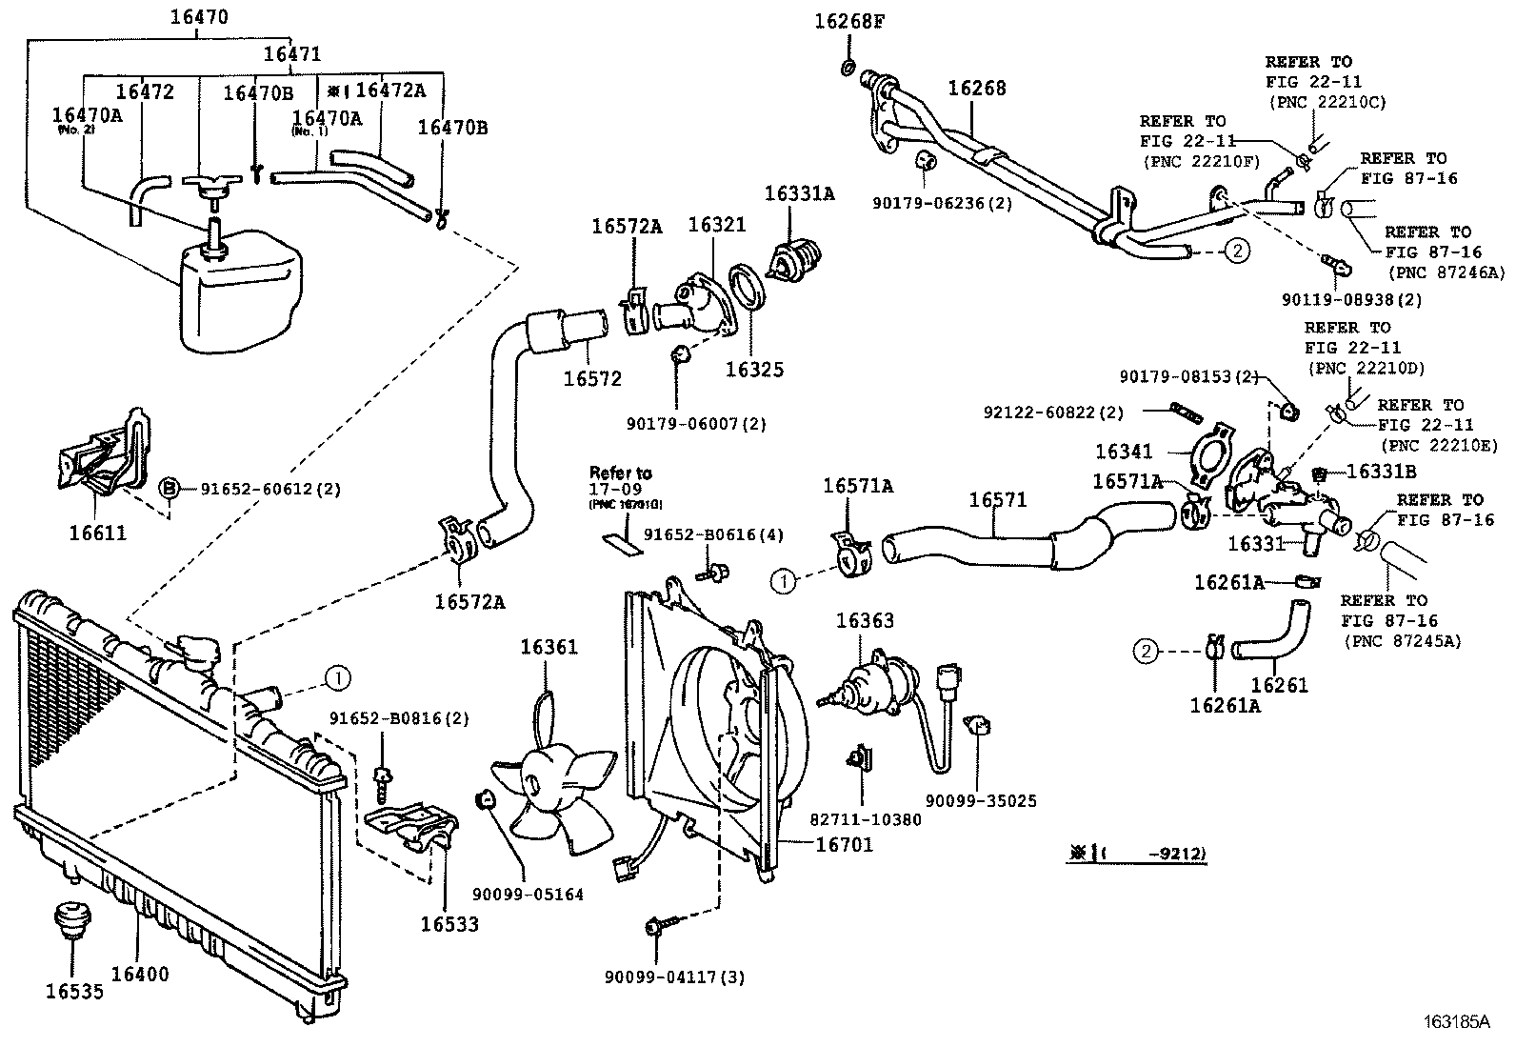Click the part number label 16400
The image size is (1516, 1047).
pyautogui.click(x=140, y=975)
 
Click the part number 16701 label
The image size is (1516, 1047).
pyautogui.click(x=843, y=844)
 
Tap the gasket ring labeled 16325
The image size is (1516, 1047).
pyautogui.click(x=748, y=285)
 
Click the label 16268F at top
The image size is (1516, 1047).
pyautogui.click(x=849, y=21)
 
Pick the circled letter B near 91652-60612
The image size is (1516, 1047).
pyautogui.click(x=169, y=488)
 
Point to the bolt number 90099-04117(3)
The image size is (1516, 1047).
pyautogui.click(x=674, y=977)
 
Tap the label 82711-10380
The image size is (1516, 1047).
pyautogui.click(x=866, y=818)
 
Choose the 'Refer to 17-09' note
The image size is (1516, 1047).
pyautogui.click(x=626, y=488)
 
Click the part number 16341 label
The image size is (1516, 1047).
pyautogui.click(x=1124, y=452)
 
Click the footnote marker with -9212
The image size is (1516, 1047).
pyautogui.click(x=1136, y=854)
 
